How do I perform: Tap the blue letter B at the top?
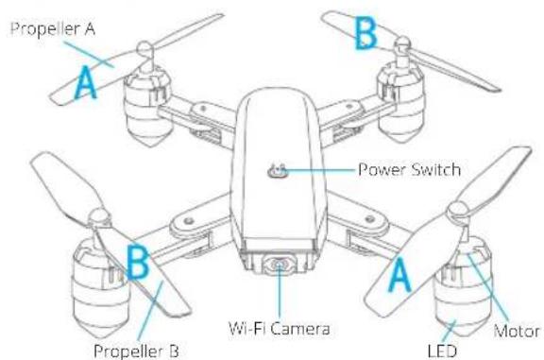tap(365, 34)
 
